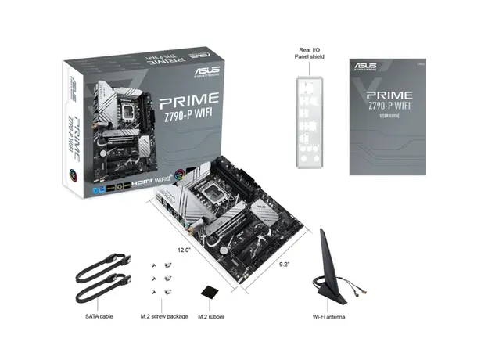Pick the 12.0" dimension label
[184, 250]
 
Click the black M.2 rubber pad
[209, 293]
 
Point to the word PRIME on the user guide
[389, 95]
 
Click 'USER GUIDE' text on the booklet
[389, 117]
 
